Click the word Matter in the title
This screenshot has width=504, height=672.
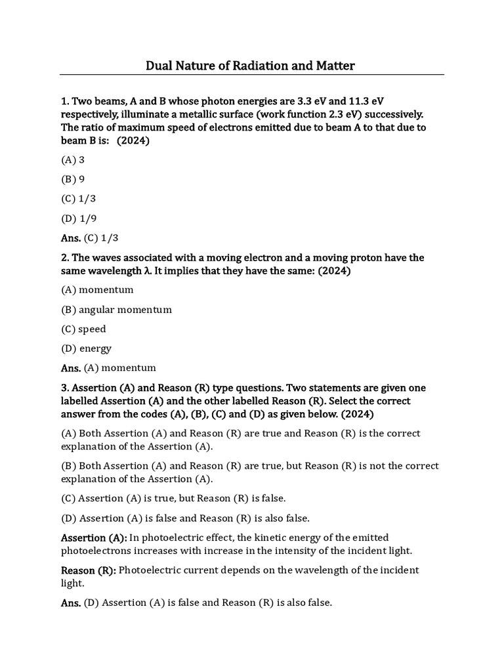tap(333, 66)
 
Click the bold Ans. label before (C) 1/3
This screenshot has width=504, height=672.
tap(71, 238)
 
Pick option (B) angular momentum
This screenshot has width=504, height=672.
tap(116, 309)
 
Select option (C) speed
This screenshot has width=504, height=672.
tap(83, 329)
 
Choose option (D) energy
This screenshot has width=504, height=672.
tap(86, 348)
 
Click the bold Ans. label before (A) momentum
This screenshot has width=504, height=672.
tap(71, 368)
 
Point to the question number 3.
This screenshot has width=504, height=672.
tap(64, 388)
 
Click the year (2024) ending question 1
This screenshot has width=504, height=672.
tap(133, 140)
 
